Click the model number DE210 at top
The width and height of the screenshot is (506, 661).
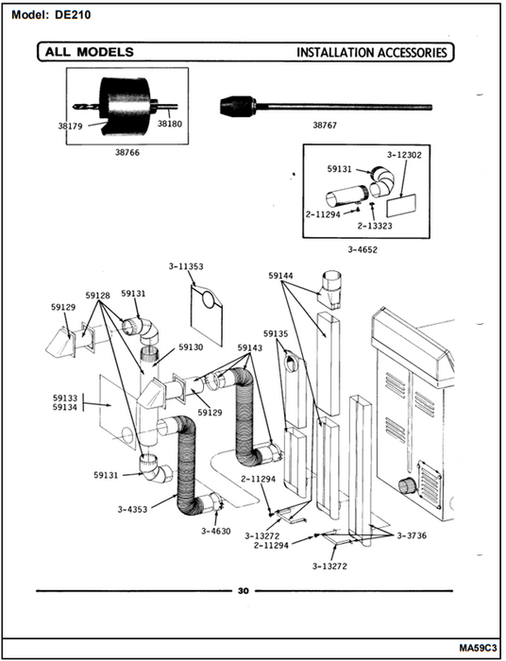click(73, 15)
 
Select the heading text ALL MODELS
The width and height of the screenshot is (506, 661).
click(90, 52)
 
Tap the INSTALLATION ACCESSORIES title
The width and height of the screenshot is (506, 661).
click(372, 53)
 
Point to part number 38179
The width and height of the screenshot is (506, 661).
click(70, 126)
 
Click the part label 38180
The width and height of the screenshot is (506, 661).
click(170, 124)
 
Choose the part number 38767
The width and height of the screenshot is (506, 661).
click(325, 126)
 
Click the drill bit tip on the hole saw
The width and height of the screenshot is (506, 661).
click(75, 107)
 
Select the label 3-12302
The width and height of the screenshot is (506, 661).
click(404, 155)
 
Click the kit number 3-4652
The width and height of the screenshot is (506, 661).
click(363, 249)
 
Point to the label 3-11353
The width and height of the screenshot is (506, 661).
click(186, 266)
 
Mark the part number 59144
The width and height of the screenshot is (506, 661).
click(281, 276)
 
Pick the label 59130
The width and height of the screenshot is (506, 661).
click(191, 347)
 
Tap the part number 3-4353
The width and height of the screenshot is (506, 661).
click(133, 510)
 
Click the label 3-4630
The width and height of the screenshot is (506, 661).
click(216, 531)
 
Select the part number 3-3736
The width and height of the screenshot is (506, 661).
click(412, 535)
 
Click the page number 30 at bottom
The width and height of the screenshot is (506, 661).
click(244, 591)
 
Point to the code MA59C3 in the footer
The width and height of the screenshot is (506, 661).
click(479, 647)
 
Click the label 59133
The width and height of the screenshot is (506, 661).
click(65, 398)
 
